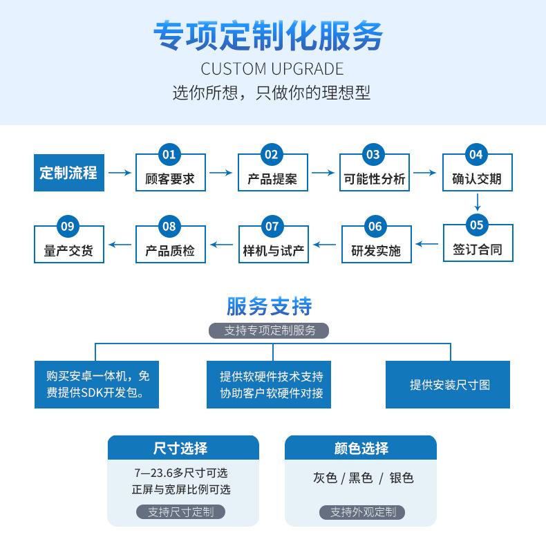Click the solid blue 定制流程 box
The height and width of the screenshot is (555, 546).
point(69,173)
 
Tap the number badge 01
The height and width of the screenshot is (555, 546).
point(169,155)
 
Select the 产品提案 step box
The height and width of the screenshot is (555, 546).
point(273,172)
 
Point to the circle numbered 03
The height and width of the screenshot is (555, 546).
point(373,155)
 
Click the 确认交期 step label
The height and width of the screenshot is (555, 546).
point(477,179)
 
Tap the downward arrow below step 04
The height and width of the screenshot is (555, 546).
point(478,202)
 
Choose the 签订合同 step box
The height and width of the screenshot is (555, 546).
point(478,243)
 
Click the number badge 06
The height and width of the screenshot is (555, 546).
point(375,226)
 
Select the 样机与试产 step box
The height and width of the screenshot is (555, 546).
point(274,244)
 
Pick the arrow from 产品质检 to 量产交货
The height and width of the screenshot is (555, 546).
point(120,245)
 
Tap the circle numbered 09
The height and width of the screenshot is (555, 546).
point(68,226)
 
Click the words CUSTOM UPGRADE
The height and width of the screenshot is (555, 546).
point(272,68)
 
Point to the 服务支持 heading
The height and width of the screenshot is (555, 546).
point(270,306)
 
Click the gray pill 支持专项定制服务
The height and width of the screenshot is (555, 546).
point(269,330)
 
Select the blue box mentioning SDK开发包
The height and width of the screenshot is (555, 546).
point(97,384)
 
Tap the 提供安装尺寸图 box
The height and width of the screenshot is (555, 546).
point(448,384)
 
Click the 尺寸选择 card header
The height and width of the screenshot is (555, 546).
point(183,448)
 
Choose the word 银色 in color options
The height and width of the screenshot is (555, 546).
point(402,478)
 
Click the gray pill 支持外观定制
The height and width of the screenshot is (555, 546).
point(362,512)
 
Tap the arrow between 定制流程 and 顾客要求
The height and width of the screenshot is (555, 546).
point(120,173)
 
